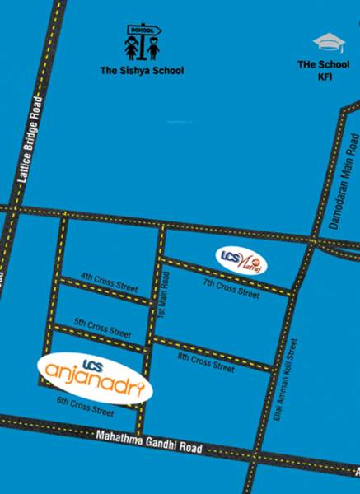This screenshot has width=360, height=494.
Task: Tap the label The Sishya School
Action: click(x=142, y=71)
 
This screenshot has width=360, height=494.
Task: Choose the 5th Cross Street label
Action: click(x=102, y=329)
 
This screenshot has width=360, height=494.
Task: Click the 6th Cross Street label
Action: click(x=85, y=405)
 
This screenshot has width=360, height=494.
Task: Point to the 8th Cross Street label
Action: click(x=206, y=362)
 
